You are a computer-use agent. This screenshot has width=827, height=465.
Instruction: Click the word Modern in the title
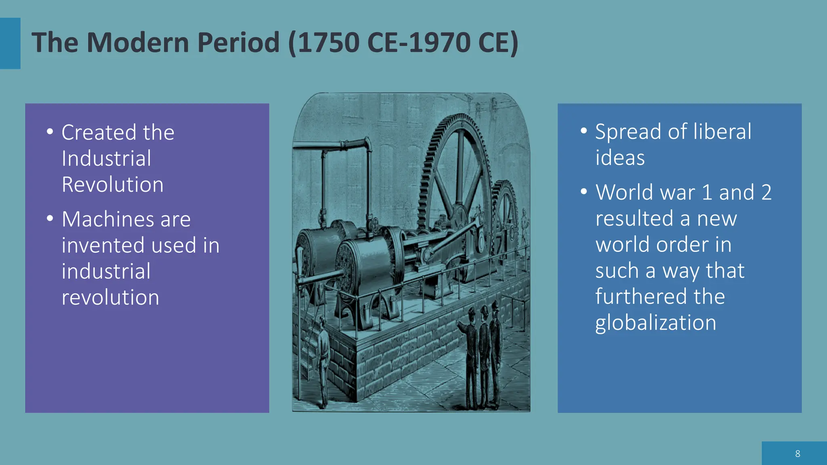(x=137, y=42)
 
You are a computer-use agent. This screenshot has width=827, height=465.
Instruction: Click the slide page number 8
(x=798, y=454)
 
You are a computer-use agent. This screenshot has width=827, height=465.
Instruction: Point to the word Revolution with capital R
(x=113, y=185)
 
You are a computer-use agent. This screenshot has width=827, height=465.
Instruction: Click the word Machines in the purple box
(x=107, y=220)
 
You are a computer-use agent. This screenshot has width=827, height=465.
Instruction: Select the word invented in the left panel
(x=103, y=245)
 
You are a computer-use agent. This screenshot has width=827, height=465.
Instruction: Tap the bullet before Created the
(x=50, y=132)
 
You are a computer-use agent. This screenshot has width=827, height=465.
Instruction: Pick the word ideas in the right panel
(x=620, y=158)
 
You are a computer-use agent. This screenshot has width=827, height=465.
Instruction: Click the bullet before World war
(x=584, y=191)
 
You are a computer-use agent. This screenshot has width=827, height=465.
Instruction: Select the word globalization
(x=656, y=323)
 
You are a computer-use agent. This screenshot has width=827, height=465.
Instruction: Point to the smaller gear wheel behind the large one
(x=506, y=210)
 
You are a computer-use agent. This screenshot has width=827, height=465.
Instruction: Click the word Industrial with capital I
(x=107, y=159)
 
